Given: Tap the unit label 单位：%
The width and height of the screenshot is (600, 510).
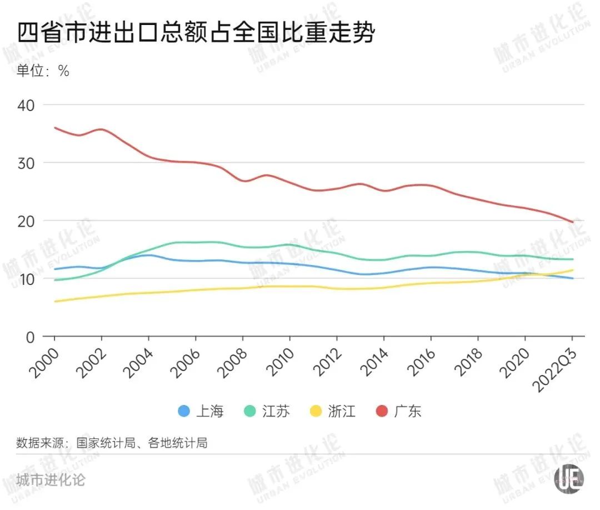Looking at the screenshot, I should (43, 71).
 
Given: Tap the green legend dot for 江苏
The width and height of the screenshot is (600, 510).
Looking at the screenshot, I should (251, 412).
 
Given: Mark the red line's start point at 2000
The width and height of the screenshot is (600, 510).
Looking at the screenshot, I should (54, 127).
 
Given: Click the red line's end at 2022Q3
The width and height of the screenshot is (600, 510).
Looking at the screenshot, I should (573, 222).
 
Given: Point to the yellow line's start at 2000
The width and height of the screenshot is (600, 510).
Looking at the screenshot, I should (54, 302).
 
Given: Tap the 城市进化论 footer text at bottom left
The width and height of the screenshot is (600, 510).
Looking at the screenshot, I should (51, 479).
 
